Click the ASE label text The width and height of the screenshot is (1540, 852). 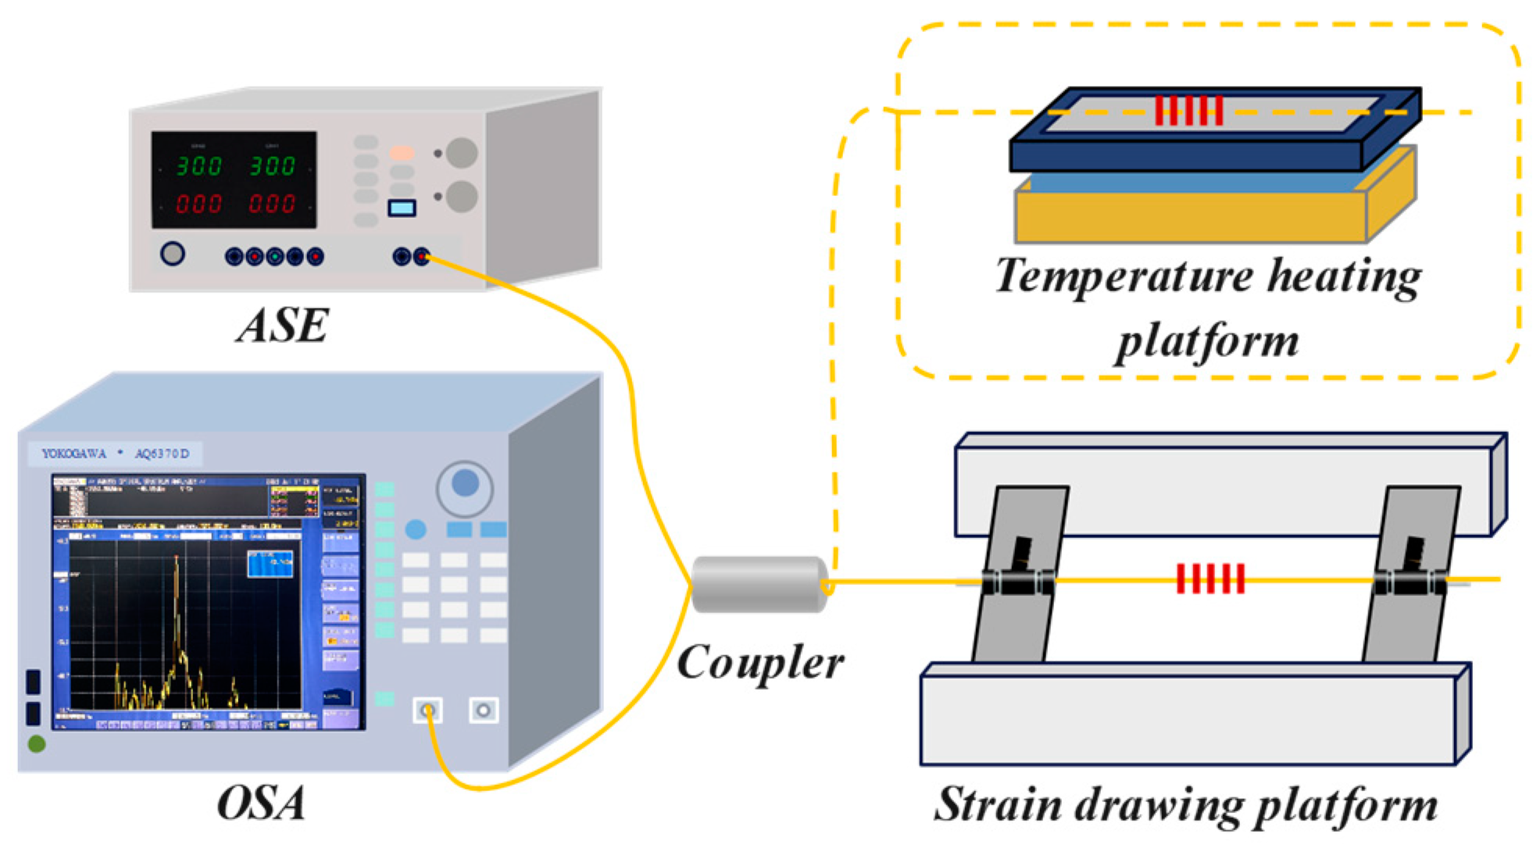pyautogui.click(x=283, y=326)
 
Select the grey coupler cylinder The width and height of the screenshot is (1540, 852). pyautogui.click(x=759, y=584)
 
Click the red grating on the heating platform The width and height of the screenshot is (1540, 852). pyautogui.click(x=1188, y=111)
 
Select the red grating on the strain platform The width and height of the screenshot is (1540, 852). pyautogui.click(x=1210, y=579)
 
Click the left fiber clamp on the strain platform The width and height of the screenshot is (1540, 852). pyautogui.click(x=1018, y=582)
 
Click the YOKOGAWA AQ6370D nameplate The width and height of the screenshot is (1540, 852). pyautogui.click(x=116, y=454)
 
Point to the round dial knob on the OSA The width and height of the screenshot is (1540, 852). pyautogui.click(x=465, y=485)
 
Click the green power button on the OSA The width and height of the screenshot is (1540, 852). pyautogui.click(x=36, y=744)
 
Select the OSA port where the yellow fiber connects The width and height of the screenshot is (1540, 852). pyautogui.click(x=427, y=711)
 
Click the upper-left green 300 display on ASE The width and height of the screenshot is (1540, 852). pyautogui.click(x=198, y=166)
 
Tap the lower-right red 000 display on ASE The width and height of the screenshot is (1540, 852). pyautogui.click(x=271, y=204)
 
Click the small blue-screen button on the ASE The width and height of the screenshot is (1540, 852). pyautogui.click(x=402, y=208)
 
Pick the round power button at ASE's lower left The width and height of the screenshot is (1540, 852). pyautogui.click(x=173, y=254)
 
